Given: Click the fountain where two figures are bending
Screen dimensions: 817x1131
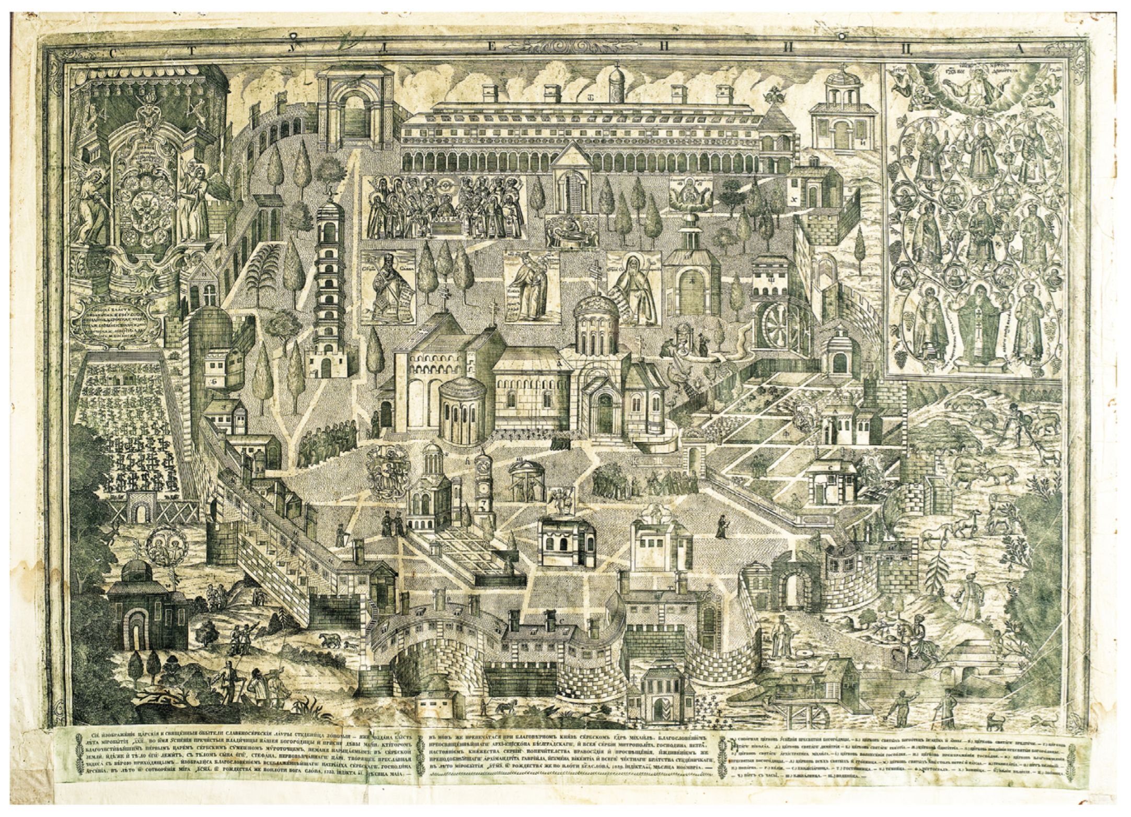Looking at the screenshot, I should (x=689, y=342).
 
